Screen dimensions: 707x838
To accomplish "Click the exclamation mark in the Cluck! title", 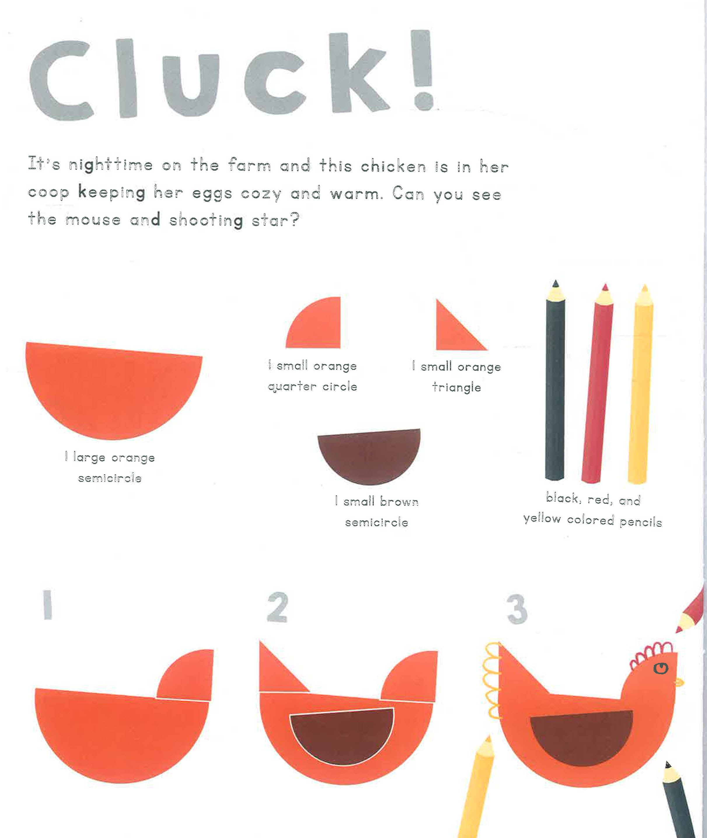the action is click(x=424, y=70).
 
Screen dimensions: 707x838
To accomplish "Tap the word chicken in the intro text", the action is click(x=393, y=166).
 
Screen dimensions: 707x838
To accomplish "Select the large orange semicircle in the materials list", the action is click(x=114, y=389).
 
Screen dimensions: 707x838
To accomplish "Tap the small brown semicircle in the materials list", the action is click(x=369, y=455).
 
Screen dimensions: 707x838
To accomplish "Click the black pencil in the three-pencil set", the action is click(x=555, y=381).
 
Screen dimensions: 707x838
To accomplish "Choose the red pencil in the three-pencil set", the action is click(x=597, y=384).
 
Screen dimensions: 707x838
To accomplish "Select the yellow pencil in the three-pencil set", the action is click(x=640, y=384).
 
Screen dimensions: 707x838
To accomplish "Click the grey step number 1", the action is click(x=48, y=604).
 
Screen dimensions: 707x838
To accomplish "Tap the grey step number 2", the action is click(x=277, y=607).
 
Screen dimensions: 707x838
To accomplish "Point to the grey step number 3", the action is click(x=517, y=609).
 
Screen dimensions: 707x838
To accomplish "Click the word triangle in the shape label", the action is click(x=457, y=387).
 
